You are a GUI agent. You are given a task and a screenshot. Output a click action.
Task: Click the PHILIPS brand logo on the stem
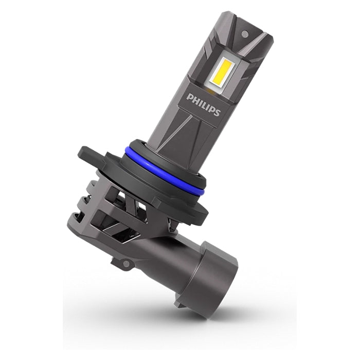(x=204, y=104)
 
